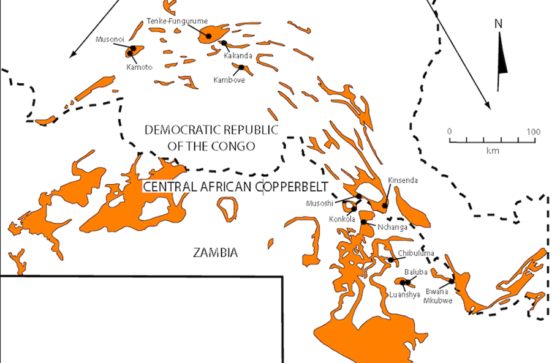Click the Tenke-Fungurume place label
tap(169, 22)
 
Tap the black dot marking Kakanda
tap(224, 43)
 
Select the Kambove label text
tap(228, 80)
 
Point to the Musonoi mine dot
tap(133, 48)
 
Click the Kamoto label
tap(140, 67)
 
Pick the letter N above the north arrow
tap(499, 24)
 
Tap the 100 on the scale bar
tap(534, 132)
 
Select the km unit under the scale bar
tap(492, 150)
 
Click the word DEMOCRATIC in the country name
tap(178, 130)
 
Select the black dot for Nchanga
tap(364, 222)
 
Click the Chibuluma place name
tap(416, 253)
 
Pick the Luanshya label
tap(405, 294)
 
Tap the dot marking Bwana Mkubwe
tap(452, 281)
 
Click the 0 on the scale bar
tap(449, 132)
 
